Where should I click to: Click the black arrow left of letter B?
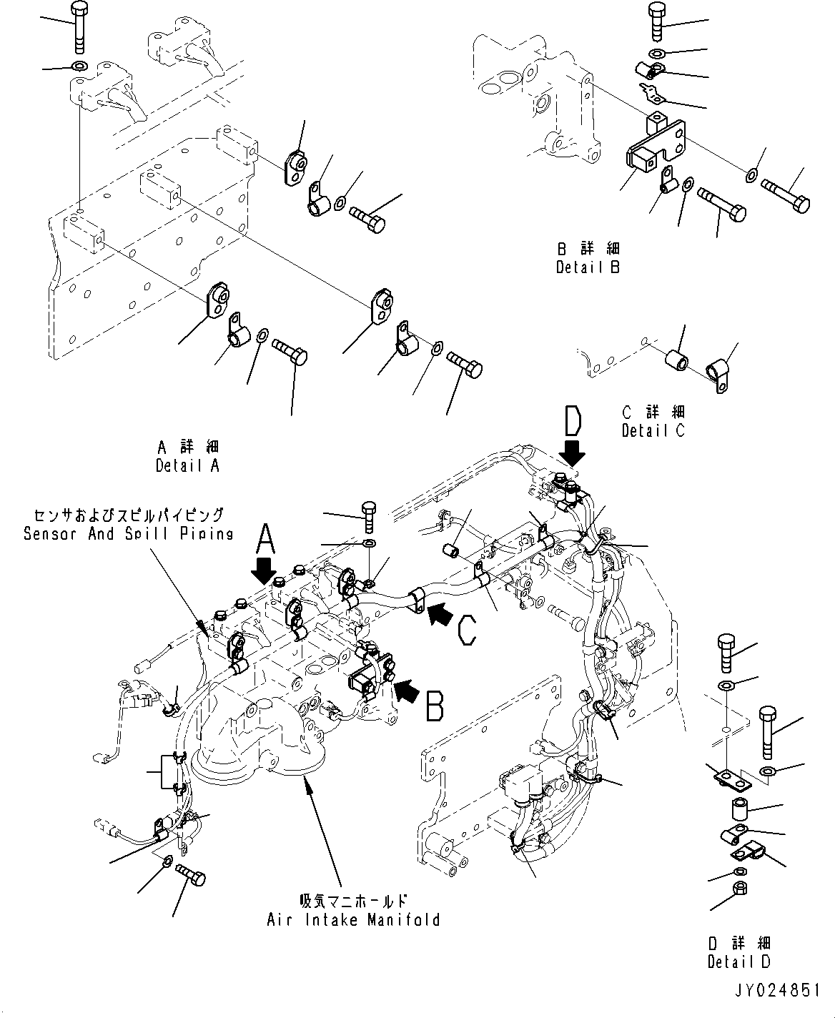(407, 691)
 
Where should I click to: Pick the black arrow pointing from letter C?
(440, 613)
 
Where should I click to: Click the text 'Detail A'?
(187, 465)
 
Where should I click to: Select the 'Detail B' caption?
(588, 267)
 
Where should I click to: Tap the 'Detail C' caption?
(653, 431)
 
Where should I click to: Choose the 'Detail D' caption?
(738, 962)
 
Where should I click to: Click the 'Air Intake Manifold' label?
(353, 920)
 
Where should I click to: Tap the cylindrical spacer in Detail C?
(677, 361)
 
